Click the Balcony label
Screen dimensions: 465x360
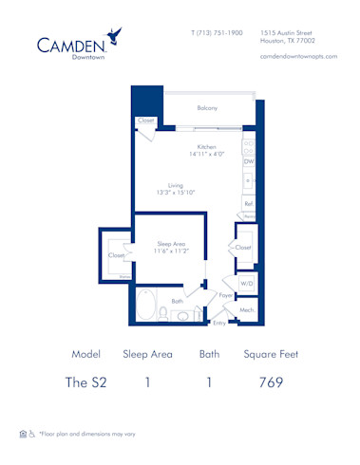(x=207, y=108)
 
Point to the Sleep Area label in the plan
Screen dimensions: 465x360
(x=169, y=244)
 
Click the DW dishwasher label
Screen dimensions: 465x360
(x=248, y=162)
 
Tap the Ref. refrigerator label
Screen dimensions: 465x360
(x=248, y=203)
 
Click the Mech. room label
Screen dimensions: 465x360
(x=246, y=309)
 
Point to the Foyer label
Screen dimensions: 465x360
(x=226, y=295)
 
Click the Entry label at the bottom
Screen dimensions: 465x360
(x=219, y=323)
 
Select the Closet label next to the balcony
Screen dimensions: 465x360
(x=145, y=121)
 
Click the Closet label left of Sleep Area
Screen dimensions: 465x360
(x=116, y=255)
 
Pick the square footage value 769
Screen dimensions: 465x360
(x=271, y=383)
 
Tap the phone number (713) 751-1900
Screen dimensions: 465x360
(x=217, y=33)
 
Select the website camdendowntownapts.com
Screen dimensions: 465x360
(x=294, y=57)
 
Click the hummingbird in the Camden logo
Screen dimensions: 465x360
(x=115, y=36)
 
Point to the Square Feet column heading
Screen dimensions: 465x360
(x=271, y=354)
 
